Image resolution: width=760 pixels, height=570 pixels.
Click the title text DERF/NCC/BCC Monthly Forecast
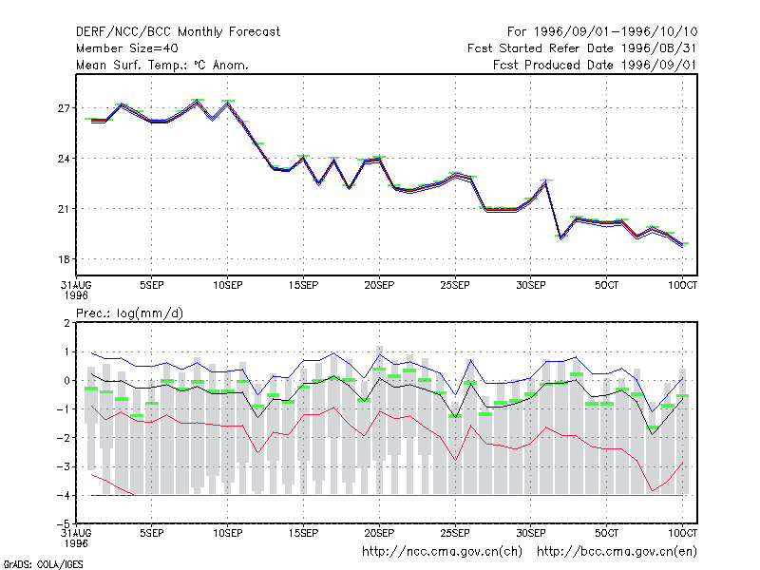[178, 32]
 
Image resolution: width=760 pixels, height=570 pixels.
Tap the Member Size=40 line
[127, 48]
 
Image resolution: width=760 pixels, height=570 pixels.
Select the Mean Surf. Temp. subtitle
[162, 65]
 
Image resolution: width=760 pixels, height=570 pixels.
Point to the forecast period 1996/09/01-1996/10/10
[602, 32]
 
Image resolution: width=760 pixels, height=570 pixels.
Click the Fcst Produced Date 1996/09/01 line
[596, 65]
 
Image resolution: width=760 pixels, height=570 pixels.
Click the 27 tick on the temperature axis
[64, 108]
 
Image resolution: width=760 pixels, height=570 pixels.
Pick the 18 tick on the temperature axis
[64, 259]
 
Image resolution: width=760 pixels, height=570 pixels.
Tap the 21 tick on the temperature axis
[64, 209]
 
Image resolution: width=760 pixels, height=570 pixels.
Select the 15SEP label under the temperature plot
[303, 285]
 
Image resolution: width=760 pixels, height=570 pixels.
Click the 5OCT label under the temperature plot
[607, 285]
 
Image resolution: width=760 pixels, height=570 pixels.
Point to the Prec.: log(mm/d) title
[129, 313]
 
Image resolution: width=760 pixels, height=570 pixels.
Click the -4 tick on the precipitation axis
[64, 495]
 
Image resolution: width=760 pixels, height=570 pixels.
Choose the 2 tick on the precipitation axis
[66, 323]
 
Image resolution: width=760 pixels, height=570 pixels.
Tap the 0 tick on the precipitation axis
[66, 381]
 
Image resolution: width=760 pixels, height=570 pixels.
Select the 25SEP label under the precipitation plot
[455, 533]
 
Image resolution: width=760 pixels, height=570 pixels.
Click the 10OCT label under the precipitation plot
[682, 533]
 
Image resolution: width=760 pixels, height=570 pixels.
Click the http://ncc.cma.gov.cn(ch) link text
[442, 552]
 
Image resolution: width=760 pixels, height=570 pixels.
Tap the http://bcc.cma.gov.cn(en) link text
[617, 552]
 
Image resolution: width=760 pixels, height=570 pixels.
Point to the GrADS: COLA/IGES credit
[43, 564]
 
